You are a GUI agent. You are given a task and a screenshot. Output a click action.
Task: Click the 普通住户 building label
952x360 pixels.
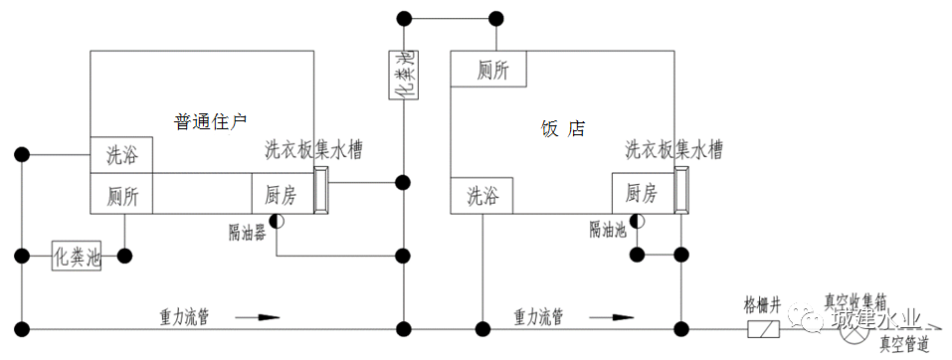[210, 122]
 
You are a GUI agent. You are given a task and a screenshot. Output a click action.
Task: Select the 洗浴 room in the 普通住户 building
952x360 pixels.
[122, 156]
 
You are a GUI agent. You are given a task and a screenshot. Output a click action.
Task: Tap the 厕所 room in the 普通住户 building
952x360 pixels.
[122, 194]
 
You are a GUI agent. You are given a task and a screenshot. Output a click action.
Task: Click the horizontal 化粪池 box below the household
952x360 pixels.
[78, 256]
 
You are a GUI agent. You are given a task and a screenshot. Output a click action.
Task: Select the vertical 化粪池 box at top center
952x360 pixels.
[402, 75]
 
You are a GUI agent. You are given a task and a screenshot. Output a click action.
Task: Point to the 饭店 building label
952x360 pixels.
[562, 128]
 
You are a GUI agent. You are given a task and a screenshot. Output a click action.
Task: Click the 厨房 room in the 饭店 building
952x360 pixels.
[642, 192]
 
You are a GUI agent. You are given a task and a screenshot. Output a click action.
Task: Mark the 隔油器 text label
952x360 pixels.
[247, 232]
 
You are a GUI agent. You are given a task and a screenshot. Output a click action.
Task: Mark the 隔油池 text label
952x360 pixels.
[607, 230]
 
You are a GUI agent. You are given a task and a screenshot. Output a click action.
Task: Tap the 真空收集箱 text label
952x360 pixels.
[855, 298]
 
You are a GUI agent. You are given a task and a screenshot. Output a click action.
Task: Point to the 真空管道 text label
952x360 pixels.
[905, 344]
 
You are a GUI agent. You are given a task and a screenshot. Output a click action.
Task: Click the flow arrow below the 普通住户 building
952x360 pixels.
[258, 318]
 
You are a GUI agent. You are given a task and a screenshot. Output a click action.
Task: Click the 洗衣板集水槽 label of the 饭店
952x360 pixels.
[673, 151]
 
